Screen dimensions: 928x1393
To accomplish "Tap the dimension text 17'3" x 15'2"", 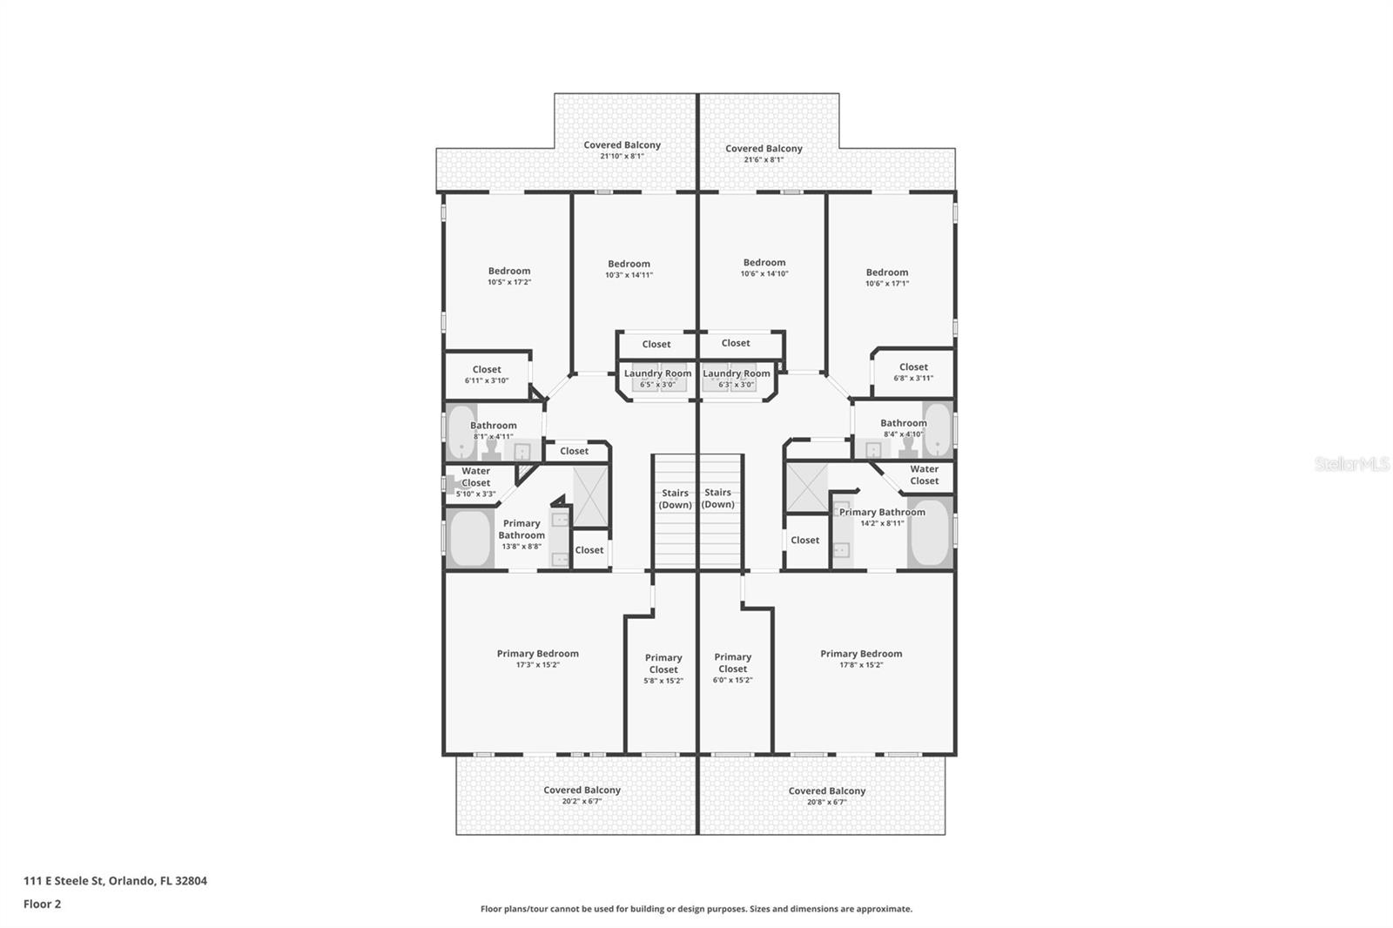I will point(537,665).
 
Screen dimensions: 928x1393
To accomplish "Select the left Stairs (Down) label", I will point(675,499).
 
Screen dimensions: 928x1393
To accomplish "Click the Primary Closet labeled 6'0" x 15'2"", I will point(732,668).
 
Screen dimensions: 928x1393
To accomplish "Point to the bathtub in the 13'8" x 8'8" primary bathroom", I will point(471,538).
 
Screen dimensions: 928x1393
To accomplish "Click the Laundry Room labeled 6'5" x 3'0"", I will point(657,378).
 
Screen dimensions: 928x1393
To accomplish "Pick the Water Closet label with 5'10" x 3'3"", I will point(475,481).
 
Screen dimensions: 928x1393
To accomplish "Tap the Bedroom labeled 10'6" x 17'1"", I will point(886,277).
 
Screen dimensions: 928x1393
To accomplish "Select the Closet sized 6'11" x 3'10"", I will point(486,374).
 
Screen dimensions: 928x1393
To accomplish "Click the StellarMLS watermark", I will point(1351,465).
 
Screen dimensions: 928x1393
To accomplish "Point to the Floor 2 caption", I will point(42,904).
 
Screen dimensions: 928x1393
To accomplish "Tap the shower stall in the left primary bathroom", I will point(590,497).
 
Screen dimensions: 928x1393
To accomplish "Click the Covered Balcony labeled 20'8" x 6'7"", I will point(826,796).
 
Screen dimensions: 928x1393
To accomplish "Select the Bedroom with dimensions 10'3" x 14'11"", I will point(629,268).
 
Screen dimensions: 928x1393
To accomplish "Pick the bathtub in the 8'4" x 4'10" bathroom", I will point(939,429).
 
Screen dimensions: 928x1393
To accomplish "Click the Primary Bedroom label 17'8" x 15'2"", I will point(860,658).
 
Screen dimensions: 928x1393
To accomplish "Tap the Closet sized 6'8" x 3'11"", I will point(913,372).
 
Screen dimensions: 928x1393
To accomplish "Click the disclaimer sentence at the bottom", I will point(696,909).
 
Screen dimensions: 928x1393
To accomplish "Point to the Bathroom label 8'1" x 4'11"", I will point(493,430).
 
